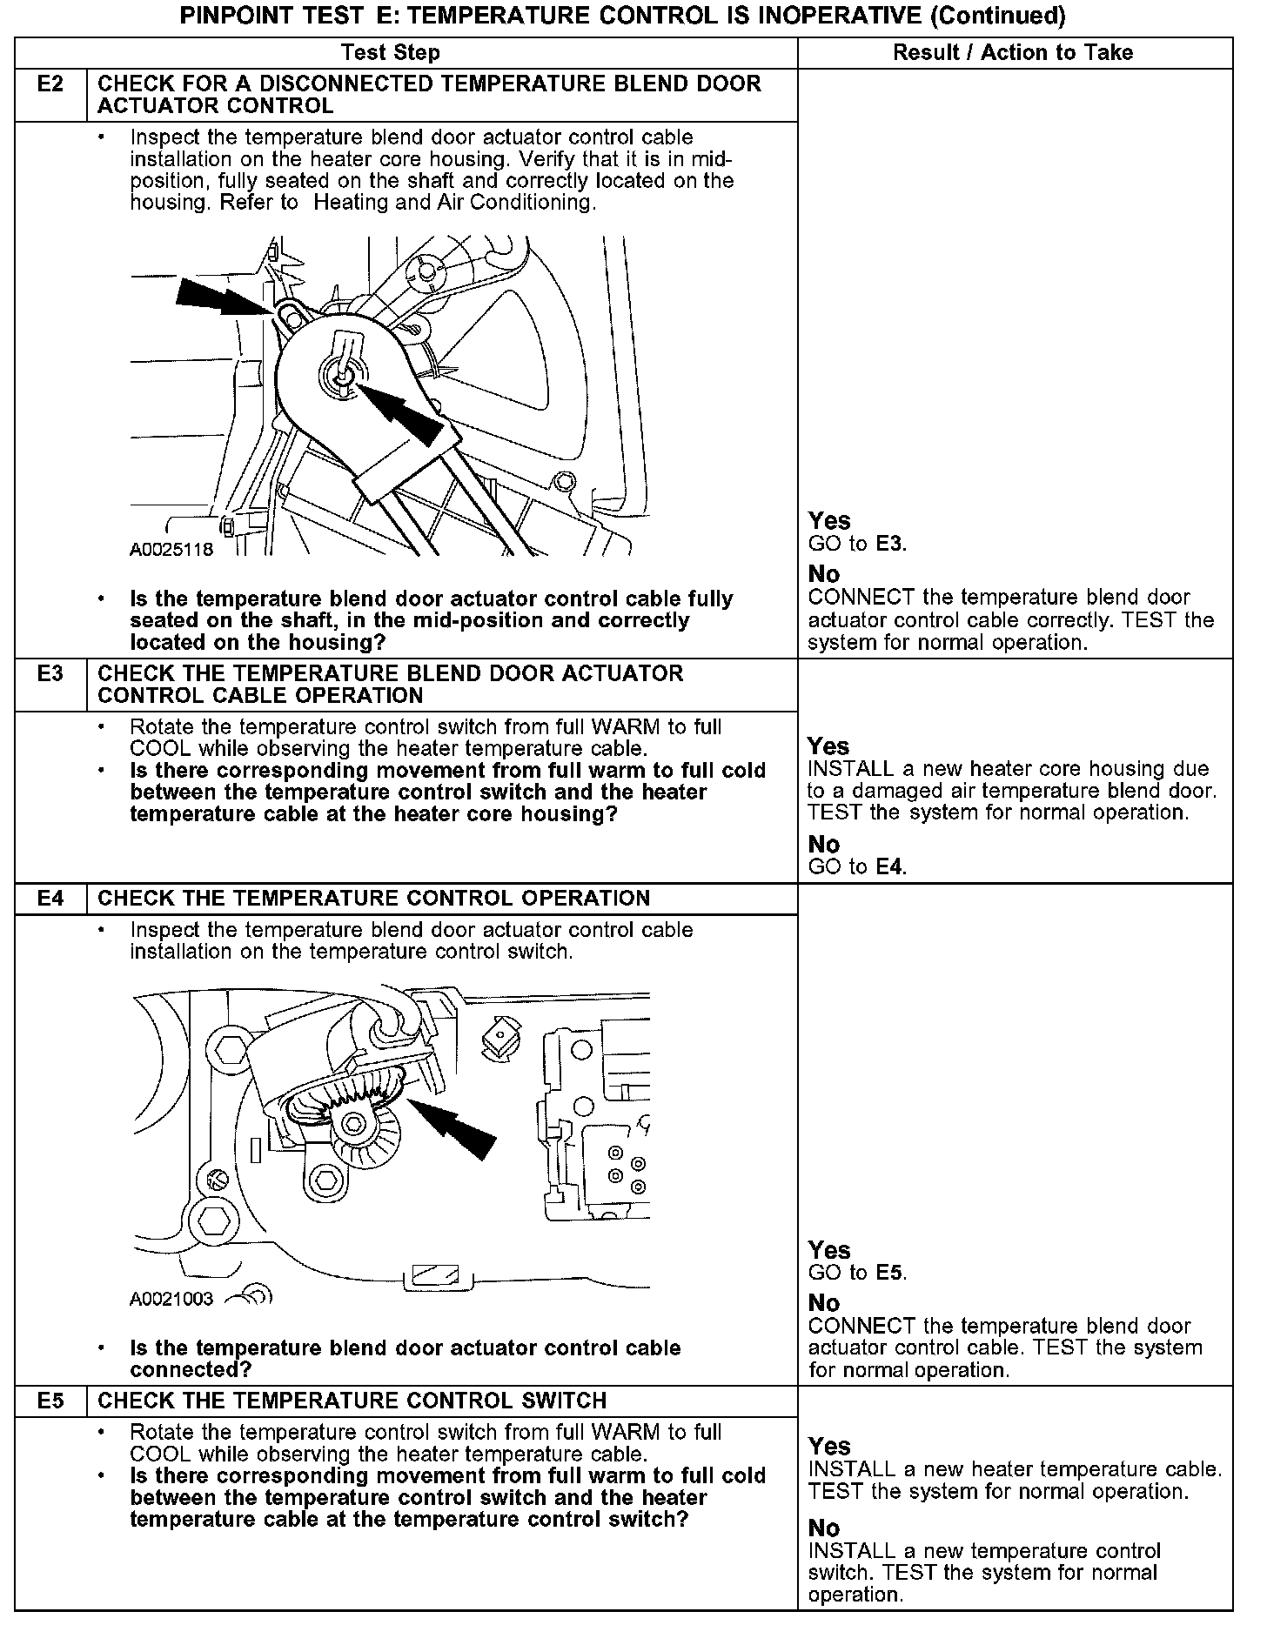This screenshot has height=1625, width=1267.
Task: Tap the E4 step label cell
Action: pos(50,899)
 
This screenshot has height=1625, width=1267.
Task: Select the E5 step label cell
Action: pos(50,1401)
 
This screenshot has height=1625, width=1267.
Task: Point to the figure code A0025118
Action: pos(171,550)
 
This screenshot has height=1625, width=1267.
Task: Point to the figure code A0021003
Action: pos(171,1300)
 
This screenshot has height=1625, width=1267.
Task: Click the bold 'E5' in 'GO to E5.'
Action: pos(889,1273)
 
